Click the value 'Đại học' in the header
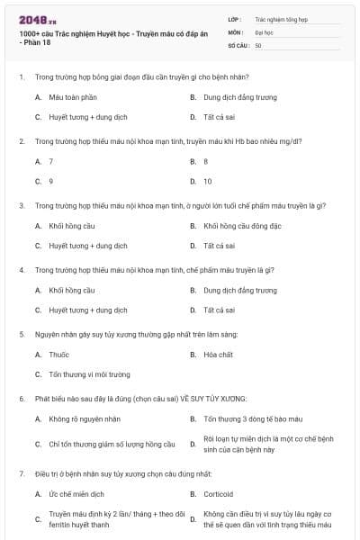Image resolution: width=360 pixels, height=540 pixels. (265, 31)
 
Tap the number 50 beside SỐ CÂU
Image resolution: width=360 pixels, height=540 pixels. (258, 45)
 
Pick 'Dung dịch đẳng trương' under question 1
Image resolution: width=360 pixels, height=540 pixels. (240, 96)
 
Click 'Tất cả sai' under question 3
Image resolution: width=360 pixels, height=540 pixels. (219, 246)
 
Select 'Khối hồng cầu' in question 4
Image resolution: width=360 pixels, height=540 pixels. (72, 291)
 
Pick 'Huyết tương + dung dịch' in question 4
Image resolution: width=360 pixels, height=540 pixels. (87, 310)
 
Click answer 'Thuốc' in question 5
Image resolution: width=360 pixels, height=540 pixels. (58, 355)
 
